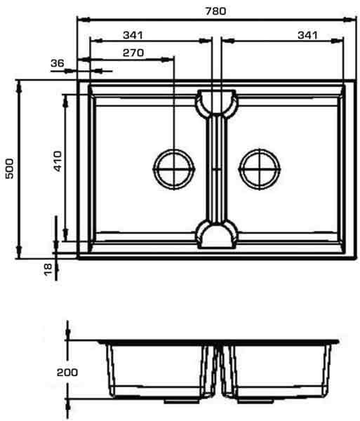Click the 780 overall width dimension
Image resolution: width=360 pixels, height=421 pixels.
pyautogui.click(x=215, y=11)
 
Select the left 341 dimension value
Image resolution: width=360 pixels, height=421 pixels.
pyautogui.click(x=133, y=35)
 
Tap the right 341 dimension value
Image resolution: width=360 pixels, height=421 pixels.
pyautogui.click(x=307, y=35)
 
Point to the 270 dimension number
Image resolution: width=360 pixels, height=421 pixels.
pyautogui.click(x=133, y=53)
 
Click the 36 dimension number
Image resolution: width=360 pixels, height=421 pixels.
pyautogui.click(x=58, y=63)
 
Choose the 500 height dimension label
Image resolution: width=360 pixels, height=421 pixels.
pyautogui.click(x=10, y=168)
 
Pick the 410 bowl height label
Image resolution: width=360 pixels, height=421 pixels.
pyautogui.click(x=58, y=161)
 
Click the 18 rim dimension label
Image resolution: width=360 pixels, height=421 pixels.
pyautogui.click(x=48, y=269)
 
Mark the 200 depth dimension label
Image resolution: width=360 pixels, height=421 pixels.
pyautogui.click(x=67, y=373)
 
